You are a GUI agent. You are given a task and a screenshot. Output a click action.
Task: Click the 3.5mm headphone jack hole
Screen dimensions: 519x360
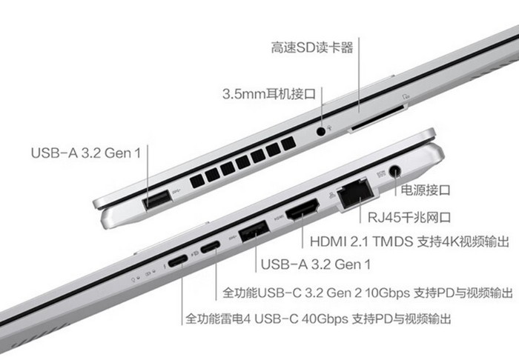321,131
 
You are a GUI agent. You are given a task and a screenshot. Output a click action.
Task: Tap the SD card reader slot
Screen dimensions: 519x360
377,119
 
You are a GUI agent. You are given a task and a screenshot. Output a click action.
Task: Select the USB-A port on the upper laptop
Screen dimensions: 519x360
157,199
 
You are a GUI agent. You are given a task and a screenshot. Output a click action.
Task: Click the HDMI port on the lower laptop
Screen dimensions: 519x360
303,210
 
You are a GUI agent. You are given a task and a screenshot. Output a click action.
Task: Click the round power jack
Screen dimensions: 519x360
394,171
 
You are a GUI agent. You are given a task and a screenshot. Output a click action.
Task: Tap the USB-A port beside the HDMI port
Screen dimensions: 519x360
254,231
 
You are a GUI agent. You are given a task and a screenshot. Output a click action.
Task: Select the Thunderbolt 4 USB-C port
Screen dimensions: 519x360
178,261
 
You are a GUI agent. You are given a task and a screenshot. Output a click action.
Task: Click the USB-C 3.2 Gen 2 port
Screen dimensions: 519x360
210,247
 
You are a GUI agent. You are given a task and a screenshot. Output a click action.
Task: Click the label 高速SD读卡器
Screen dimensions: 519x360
312,48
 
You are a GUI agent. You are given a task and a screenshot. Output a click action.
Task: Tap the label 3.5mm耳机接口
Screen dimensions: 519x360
269,94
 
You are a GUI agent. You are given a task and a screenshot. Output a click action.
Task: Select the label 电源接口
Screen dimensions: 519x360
426,190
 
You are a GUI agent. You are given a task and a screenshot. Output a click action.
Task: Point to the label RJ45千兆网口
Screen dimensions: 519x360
409,218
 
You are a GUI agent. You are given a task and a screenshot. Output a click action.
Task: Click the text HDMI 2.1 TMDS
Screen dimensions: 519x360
362,241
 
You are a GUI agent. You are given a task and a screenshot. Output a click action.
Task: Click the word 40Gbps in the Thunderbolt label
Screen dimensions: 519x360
325,319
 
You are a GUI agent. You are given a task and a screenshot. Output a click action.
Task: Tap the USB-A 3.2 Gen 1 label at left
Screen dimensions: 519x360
86,153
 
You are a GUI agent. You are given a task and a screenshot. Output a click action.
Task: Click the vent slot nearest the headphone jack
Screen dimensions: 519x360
288,144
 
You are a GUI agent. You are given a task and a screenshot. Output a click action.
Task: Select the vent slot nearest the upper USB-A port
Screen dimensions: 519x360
197,181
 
